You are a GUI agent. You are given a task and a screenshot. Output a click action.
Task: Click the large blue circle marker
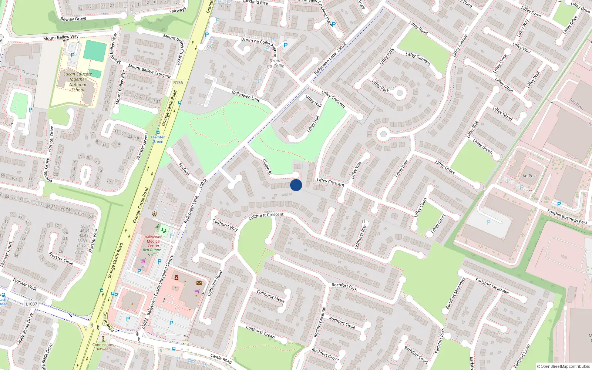[296, 185]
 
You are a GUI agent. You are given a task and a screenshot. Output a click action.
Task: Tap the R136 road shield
[178, 83]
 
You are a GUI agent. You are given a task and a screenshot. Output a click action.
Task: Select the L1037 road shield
[31, 304]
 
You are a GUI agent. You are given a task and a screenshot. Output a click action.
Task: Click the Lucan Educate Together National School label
[78, 82]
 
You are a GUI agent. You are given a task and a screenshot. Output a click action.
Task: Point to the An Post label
[529, 176]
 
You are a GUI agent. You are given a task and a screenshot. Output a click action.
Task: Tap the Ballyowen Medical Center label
[154, 241]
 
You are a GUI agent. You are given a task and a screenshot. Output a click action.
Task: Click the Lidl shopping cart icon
[143, 261]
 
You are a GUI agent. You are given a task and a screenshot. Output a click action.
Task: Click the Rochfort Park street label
[344, 286]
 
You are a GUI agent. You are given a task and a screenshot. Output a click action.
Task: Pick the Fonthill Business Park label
[567, 217]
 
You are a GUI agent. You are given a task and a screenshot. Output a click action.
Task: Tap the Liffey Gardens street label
[418, 59]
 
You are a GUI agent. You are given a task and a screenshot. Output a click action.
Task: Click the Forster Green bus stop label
[158, 139]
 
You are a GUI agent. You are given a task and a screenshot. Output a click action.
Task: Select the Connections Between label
[103, 347]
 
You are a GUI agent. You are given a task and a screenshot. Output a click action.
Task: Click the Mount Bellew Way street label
[61, 37]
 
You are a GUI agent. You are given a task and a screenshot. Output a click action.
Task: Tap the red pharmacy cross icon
[176, 277]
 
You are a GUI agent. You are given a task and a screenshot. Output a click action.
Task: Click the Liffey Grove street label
[445, 167]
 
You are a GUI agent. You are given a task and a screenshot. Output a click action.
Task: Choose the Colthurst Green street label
[260, 332]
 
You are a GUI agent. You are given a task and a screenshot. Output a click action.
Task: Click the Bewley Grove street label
[73, 19]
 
